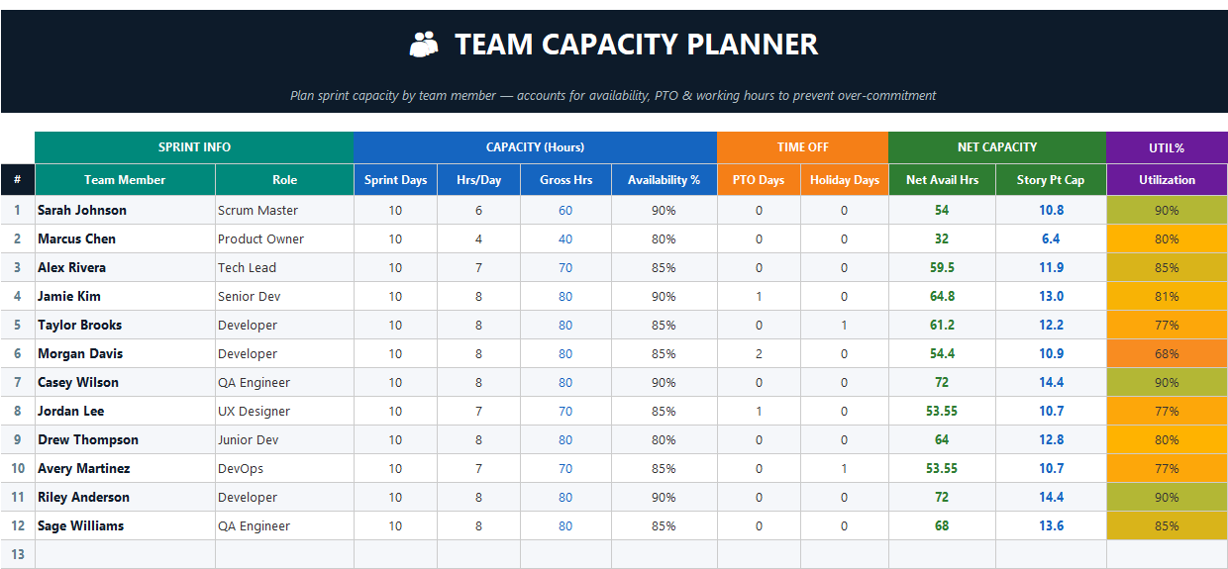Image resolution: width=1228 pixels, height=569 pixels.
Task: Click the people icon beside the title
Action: pyautogui.click(x=424, y=45)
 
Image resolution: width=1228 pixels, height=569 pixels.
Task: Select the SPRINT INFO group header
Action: pyautogui.click(x=194, y=147)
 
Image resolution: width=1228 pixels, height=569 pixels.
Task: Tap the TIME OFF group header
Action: pyautogui.click(x=802, y=147)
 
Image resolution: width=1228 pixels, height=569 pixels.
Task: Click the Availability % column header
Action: pyautogui.click(x=664, y=180)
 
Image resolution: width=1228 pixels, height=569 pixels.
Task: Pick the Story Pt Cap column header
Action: pyautogui.click(x=1050, y=180)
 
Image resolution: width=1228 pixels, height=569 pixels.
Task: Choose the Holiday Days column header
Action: pyautogui.click(x=844, y=180)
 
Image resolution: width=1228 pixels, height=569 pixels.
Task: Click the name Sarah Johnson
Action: pyautogui.click(x=82, y=210)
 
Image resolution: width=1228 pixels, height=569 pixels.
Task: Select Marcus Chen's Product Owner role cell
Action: pyautogui.click(x=261, y=238)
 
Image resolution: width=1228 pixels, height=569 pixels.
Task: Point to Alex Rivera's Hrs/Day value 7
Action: pyautogui.click(x=478, y=267)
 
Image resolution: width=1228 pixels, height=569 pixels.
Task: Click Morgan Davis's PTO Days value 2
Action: pyautogui.click(x=759, y=353)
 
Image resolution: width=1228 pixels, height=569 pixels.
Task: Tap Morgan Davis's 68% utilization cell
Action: pyautogui.click(x=1167, y=353)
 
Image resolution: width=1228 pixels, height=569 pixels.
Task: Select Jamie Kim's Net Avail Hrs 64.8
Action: pyautogui.click(x=942, y=296)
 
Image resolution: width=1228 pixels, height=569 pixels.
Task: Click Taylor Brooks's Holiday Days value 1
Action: pyautogui.click(x=844, y=325)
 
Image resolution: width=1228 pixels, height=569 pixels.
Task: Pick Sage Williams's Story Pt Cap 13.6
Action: pyautogui.click(x=1051, y=525)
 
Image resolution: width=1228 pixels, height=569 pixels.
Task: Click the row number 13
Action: pyautogui.click(x=18, y=554)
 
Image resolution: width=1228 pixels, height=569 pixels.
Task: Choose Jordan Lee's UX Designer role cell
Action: pyautogui.click(x=254, y=411)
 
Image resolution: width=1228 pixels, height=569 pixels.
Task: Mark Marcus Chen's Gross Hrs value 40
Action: pyautogui.click(x=564, y=238)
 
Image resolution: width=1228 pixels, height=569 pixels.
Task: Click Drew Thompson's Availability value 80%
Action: pyautogui.click(x=664, y=439)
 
